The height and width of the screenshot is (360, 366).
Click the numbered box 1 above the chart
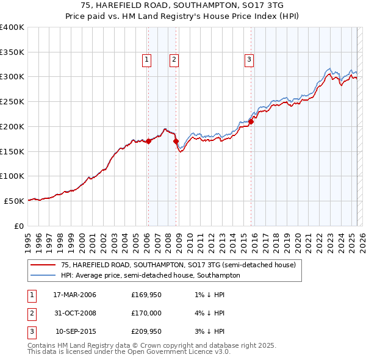tap(148, 59)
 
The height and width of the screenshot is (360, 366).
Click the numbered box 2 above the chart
tap(174, 59)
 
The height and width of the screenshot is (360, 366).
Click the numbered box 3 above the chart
tap(249, 59)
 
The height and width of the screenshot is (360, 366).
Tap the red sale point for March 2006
tap(148, 141)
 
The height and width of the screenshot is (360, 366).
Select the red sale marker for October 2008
tap(176, 141)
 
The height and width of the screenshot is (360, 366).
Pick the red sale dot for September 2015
tap(251, 121)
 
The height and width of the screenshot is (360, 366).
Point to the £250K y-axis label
tap(12, 101)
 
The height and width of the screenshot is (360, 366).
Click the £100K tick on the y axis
tap(12, 176)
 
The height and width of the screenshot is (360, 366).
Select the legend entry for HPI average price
tap(150, 275)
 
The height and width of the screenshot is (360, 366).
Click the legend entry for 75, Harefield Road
tap(178, 265)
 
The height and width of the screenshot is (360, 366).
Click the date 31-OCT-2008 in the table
tap(75, 314)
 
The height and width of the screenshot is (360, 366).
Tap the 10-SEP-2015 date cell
tap(76, 332)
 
